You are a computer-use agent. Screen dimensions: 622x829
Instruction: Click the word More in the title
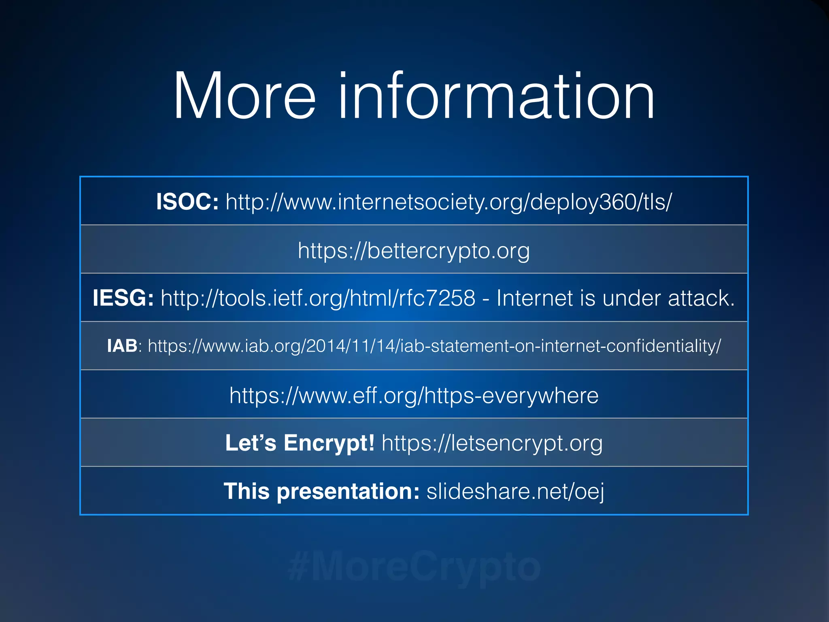pos(244,96)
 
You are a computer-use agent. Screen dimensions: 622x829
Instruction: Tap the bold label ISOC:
pos(187,201)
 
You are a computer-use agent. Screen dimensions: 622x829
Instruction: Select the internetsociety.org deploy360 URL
pos(449,202)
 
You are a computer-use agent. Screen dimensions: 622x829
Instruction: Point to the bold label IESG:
pos(123,298)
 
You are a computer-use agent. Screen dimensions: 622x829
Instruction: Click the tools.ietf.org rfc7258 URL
pos(318,298)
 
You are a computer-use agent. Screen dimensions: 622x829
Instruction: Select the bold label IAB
pos(122,346)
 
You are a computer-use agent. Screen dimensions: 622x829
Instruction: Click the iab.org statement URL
pos(434,346)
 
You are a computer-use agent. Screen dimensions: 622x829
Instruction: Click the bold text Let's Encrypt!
pos(300,443)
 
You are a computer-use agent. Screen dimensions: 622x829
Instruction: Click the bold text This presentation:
pos(321,491)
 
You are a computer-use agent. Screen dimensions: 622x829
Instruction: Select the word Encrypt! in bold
pos(329,443)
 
